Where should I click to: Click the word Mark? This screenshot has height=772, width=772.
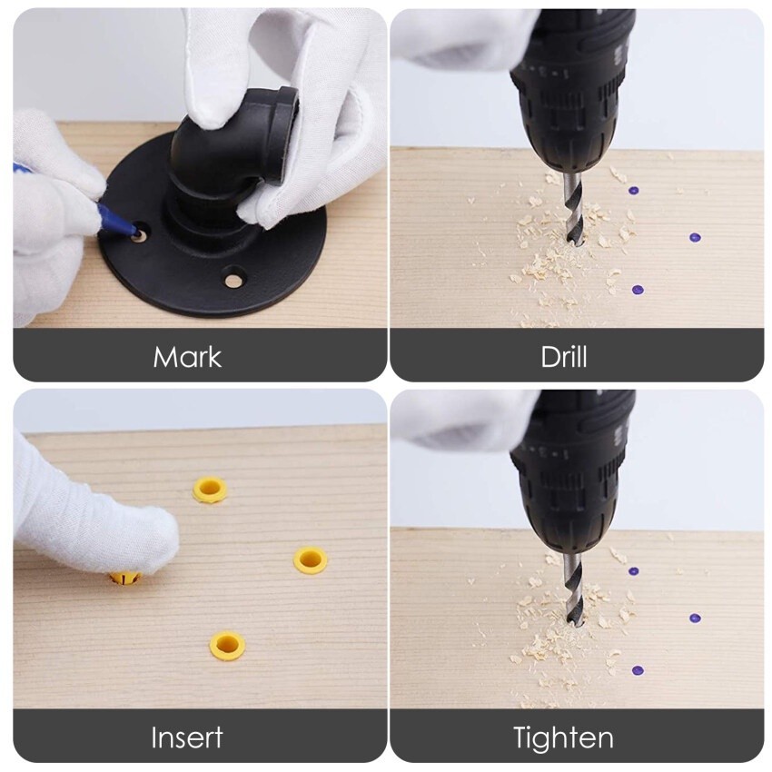point(187,357)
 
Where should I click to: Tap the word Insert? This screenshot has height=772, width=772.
point(186,737)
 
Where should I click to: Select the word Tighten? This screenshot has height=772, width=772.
point(563,738)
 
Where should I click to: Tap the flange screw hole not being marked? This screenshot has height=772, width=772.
point(233,280)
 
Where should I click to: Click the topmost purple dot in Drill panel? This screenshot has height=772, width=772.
point(634,190)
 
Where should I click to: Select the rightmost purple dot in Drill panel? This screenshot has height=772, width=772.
point(695,237)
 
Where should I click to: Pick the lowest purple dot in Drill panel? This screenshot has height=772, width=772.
point(638,290)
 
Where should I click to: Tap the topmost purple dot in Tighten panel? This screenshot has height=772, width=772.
point(634,571)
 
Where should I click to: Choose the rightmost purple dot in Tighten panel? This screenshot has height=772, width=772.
point(695,618)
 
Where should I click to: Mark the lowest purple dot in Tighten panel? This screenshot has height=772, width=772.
point(638,670)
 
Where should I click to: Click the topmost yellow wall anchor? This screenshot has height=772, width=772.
point(210,490)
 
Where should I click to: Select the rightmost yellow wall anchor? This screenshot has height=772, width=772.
point(311,559)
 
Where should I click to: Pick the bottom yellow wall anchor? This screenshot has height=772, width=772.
point(227,646)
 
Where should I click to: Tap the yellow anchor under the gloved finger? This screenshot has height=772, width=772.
point(125,578)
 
